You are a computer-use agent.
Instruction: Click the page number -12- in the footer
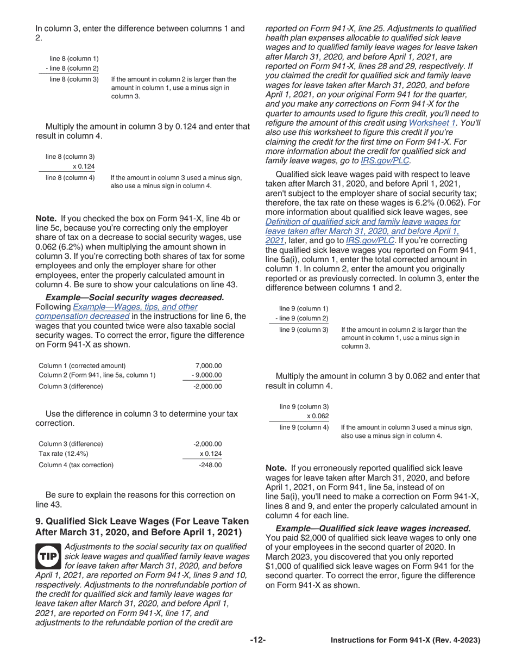(x=258, y=640)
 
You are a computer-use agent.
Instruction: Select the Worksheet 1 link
(x=432, y=122)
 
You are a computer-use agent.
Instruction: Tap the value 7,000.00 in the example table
(x=209, y=366)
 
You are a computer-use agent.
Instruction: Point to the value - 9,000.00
(x=207, y=375)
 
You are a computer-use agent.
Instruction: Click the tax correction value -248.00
(x=211, y=465)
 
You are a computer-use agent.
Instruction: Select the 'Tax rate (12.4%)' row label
(x=64, y=454)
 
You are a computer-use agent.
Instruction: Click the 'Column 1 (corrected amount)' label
(x=82, y=366)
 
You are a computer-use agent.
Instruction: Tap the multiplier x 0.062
(x=318, y=417)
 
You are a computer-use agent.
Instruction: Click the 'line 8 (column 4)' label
(x=70, y=177)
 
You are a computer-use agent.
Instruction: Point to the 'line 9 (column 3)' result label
(x=304, y=330)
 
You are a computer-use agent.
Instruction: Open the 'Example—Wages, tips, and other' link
(x=135, y=307)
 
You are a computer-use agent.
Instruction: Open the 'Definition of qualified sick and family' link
(x=363, y=221)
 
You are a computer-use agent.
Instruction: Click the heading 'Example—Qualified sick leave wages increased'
(x=373, y=528)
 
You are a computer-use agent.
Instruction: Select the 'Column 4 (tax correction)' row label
(x=76, y=465)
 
